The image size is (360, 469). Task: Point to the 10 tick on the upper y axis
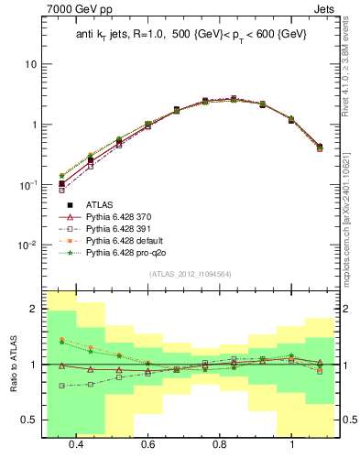(31, 64)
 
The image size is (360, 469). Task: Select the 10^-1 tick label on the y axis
(28, 185)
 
